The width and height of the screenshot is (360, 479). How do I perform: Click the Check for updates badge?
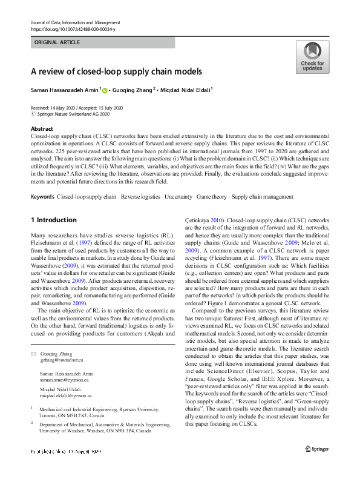tap(312, 58)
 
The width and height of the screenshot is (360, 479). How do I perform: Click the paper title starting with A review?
tap(116, 71)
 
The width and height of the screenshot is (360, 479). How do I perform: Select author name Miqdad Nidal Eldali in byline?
tap(185, 91)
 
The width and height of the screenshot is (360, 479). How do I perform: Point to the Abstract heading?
tap(42, 129)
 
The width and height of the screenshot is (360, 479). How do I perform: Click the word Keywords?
tap(42, 197)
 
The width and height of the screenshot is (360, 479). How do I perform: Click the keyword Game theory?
tap(212, 197)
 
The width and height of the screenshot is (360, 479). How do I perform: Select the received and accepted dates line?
tap(76, 107)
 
